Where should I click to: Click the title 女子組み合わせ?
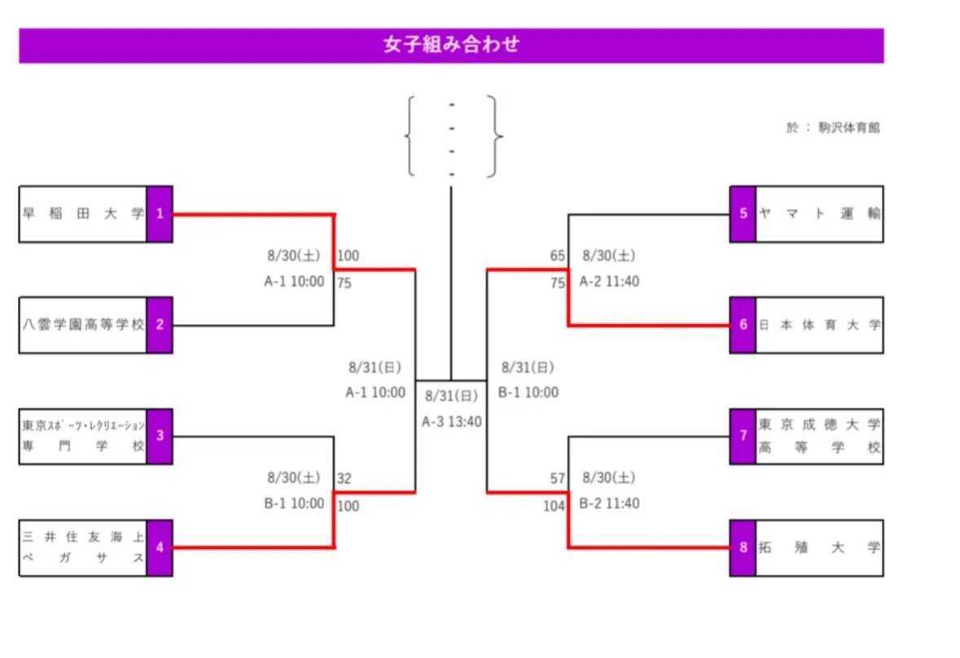450,45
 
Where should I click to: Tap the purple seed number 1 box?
160,214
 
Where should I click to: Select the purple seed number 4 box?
160,547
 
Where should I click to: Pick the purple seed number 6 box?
743,325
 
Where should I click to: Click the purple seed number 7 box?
743,436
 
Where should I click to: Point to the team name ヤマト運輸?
819,214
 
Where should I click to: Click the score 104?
554,507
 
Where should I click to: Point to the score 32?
344,478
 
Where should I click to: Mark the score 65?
557,256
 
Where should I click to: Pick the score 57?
557,478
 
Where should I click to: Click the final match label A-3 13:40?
452,422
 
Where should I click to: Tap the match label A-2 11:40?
609,282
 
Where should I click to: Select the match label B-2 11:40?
609,504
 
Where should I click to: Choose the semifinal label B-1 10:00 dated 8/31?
528,393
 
